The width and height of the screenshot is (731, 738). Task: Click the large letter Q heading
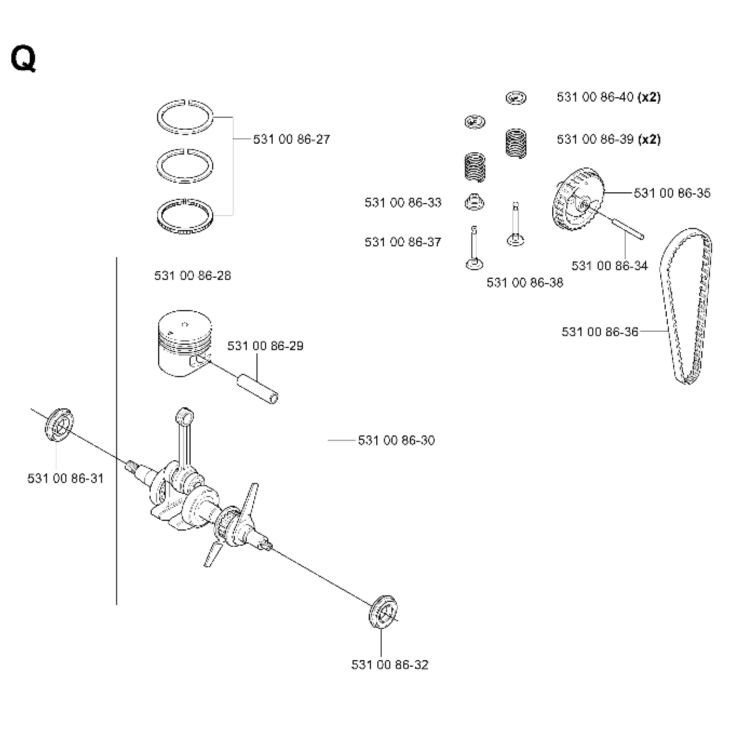pos(23,58)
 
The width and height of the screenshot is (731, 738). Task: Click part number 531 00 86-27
pos(291,139)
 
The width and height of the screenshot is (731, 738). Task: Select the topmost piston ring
pos(185,116)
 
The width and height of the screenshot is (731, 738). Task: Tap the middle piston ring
pos(185,164)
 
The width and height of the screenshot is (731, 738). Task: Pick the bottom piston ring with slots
pos(185,216)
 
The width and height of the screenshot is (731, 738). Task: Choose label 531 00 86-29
pos(265,346)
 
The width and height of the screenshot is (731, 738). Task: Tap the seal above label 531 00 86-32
pos(383,612)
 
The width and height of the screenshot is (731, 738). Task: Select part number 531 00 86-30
pos(396,440)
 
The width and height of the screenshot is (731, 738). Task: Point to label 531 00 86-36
pos(600,332)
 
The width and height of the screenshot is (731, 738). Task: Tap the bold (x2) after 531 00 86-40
pos(649,97)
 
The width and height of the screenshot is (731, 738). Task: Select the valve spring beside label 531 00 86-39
pos(516,143)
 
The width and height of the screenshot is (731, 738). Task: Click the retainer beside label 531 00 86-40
pos(516,98)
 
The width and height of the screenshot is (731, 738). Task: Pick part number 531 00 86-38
pos(524,283)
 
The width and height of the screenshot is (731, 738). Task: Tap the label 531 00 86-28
pos(192,276)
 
